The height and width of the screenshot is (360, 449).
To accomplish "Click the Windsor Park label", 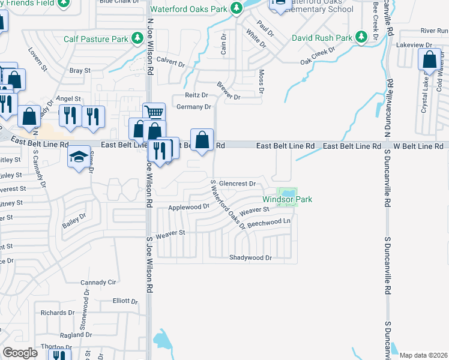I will (288, 199).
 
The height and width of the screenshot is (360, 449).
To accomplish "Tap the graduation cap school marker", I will (79, 157).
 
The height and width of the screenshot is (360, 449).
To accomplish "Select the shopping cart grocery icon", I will (154, 112).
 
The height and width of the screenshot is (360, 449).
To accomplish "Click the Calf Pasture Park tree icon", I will (138, 39).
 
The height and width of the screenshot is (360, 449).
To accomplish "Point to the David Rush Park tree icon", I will (361, 38).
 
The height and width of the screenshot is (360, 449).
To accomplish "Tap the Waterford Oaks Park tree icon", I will (237, 9).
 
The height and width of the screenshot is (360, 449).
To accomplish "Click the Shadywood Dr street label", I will (251, 257).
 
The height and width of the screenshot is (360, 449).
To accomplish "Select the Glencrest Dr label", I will (238, 184).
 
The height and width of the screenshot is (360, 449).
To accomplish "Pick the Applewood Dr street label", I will (188, 206).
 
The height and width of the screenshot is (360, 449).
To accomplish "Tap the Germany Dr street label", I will (194, 107).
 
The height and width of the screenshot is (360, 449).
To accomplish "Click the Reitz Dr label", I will (196, 95).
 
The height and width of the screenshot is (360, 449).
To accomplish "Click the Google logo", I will (20, 353).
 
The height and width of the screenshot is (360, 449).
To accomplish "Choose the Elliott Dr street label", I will (125, 301).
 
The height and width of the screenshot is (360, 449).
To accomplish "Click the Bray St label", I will (80, 70).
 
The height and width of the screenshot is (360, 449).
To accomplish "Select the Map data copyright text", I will (423, 355).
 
